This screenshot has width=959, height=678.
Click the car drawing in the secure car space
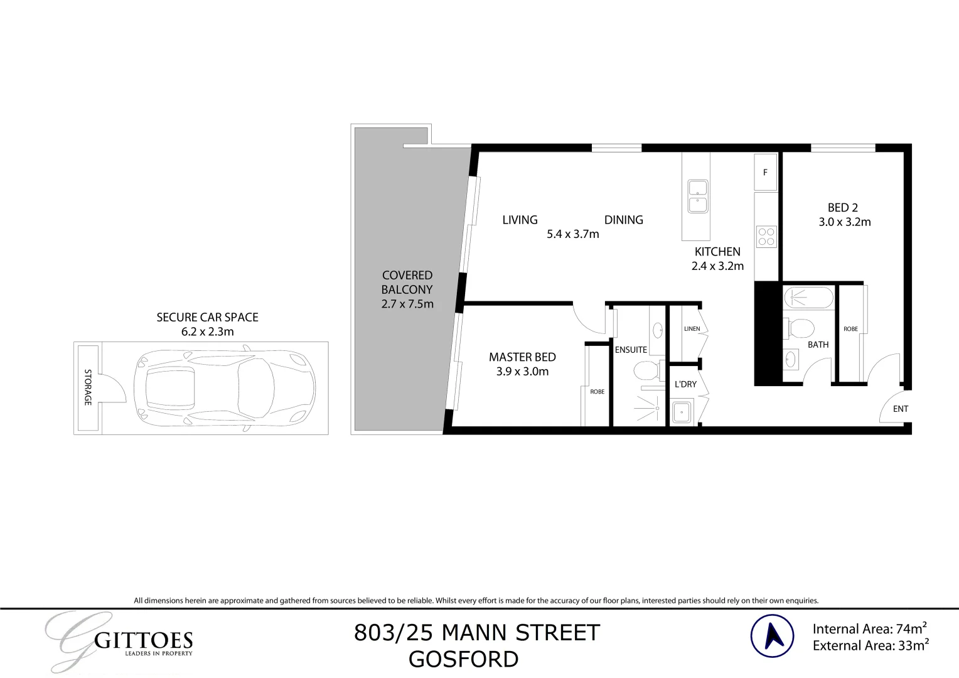pyautogui.click(x=224, y=388)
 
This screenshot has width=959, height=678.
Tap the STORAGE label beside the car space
pyautogui.click(x=88, y=387)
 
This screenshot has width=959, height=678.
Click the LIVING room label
pyautogui.click(x=520, y=220)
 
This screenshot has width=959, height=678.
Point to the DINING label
pyautogui.click(x=623, y=220)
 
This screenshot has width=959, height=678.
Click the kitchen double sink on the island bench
pyautogui.click(x=697, y=196)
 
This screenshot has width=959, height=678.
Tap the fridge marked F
pyautogui.click(x=765, y=172)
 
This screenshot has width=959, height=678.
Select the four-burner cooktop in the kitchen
pyautogui.click(x=766, y=237)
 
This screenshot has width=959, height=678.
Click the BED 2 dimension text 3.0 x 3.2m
pyautogui.click(x=844, y=222)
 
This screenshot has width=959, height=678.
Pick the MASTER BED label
pyautogui.click(x=522, y=357)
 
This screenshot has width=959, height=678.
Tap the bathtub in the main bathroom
pyautogui.click(x=809, y=297)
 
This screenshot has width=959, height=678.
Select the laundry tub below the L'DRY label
pyautogui.click(x=681, y=412)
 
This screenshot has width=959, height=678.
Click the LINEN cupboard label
pyautogui.click(x=692, y=329)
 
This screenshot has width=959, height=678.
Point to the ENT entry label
pyautogui.click(x=900, y=409)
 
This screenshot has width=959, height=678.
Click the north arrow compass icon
pyautogui.click(x=772, y=636)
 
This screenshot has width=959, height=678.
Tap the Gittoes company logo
pyautogui.click(x=119, y=640)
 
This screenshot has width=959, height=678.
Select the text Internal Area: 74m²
pyautogui.click(x=870, y=628)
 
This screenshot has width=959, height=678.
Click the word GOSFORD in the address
pyautogui.click(x=463, y=660)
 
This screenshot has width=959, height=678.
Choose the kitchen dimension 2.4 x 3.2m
pyautogui.click(x=717, y=266)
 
